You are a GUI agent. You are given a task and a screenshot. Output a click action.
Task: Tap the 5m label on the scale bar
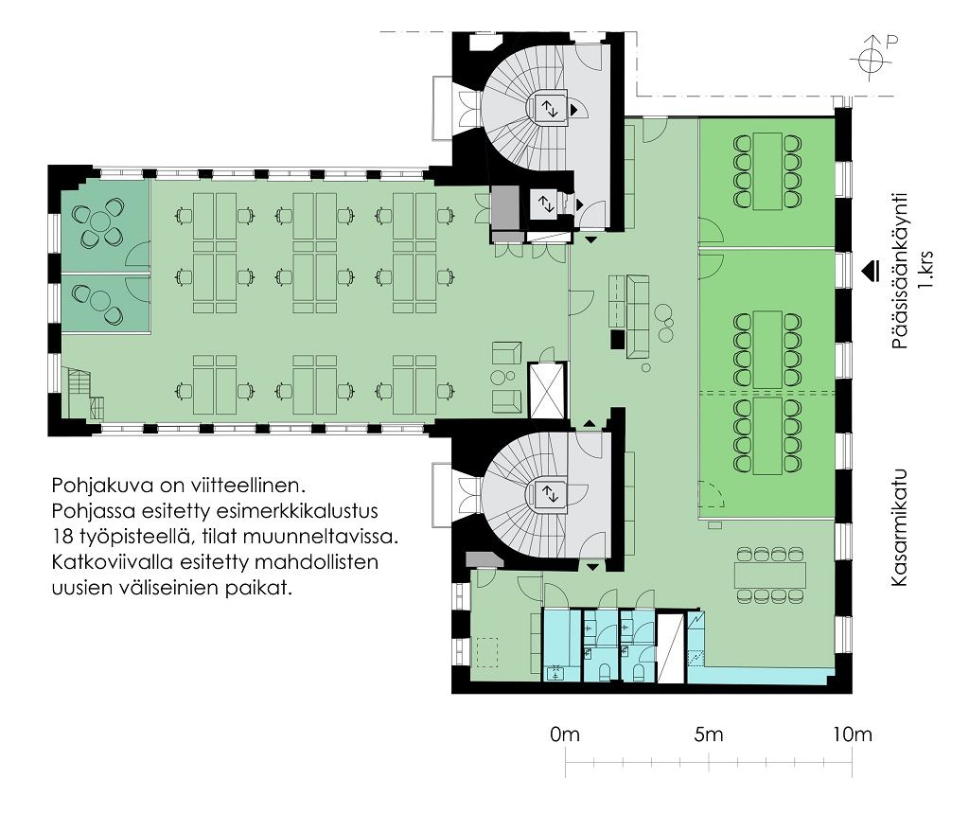[708, 734]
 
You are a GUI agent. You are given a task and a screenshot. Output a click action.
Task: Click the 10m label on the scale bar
[853, 734]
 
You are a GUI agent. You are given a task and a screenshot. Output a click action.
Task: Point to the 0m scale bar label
[565, 734]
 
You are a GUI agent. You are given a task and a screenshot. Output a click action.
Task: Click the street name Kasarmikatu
[899, 527]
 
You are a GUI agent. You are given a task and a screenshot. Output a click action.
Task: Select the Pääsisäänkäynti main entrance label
[901, 272]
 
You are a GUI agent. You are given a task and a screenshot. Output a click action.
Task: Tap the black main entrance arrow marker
[872, 271]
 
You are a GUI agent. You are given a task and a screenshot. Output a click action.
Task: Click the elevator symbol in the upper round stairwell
[550, 109]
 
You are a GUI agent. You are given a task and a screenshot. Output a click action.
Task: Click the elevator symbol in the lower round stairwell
[550, 494]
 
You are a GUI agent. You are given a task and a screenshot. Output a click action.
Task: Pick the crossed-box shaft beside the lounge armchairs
[548, 391]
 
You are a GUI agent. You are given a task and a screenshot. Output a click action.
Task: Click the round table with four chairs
[98, 221]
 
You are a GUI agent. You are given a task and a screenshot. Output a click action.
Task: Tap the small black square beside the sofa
[617, 339]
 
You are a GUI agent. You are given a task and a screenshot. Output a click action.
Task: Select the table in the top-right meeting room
[767, 170]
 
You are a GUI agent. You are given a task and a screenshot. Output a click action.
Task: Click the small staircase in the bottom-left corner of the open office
[81, 394]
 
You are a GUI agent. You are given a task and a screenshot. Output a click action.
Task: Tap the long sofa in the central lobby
[638, 316]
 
